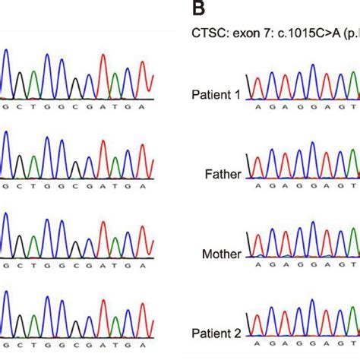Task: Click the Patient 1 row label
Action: click(216, 94)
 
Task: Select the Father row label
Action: click(225, 174)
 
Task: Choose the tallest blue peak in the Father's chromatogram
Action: click(312, 144)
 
